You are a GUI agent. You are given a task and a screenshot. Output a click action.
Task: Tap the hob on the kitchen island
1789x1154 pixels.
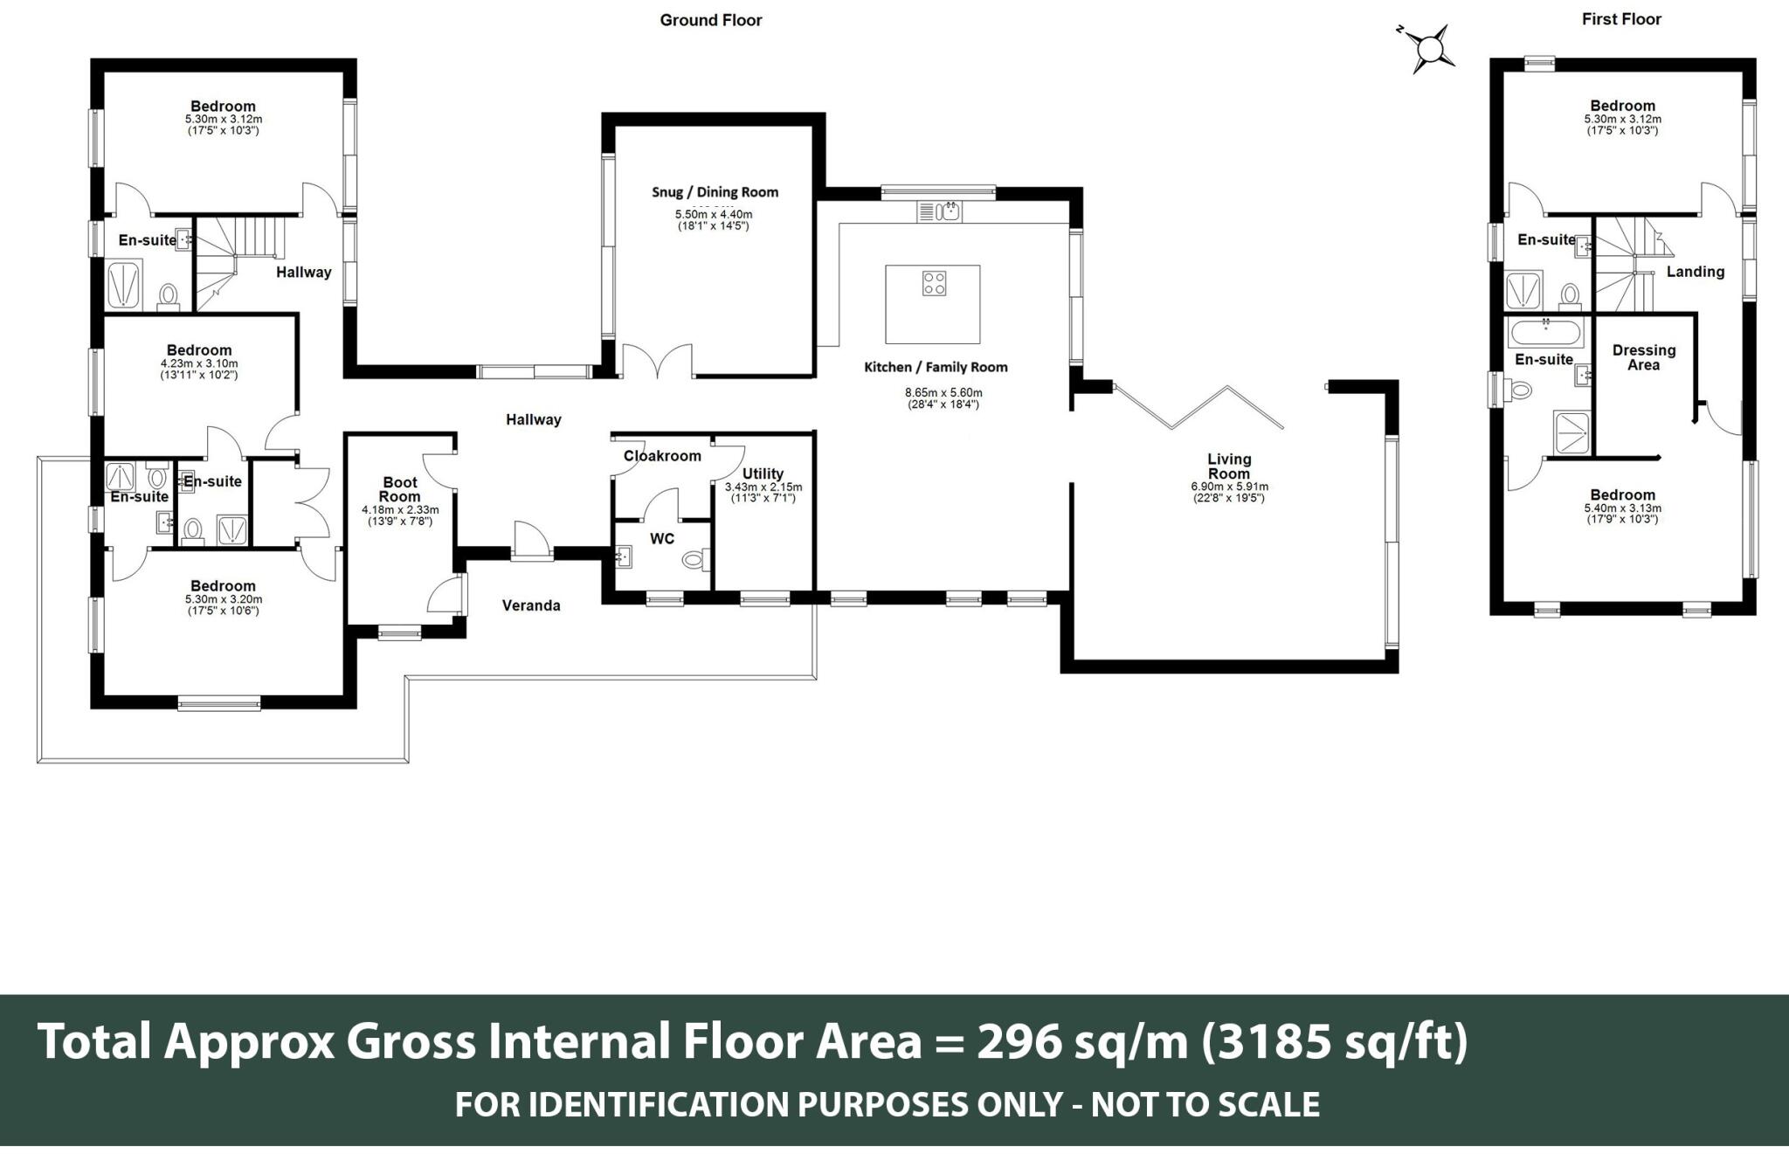coord(934,283)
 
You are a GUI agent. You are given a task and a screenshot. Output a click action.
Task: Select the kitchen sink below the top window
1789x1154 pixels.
coord(939,211)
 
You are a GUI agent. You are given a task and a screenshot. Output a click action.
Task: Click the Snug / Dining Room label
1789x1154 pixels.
coord(715,192)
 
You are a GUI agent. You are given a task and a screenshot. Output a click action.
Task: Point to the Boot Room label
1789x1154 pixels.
coord(400,489)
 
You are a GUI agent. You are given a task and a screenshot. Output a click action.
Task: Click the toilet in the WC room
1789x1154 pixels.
coord(695,559)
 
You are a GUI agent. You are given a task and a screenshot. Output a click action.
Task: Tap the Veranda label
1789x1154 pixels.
coord(531,605)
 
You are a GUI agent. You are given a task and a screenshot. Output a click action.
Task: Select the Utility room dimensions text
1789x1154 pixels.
coord(763,493)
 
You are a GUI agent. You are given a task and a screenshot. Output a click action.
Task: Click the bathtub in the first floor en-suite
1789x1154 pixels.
coord(1545,333)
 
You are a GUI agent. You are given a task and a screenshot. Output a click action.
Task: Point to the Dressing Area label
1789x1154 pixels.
coord(1643,357)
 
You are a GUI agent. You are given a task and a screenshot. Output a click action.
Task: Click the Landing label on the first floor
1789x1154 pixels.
coord(1695,272)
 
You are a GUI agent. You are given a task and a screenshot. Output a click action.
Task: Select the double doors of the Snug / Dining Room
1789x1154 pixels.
coord(656,361)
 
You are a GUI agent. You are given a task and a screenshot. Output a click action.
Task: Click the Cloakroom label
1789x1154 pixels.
coord(662,456)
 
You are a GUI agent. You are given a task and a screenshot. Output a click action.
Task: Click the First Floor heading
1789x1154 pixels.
coord(1620,19)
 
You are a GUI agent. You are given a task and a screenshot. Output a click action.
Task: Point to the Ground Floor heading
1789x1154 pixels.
coord(710,20)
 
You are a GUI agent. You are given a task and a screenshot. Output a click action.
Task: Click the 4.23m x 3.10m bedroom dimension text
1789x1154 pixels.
coord(199,363)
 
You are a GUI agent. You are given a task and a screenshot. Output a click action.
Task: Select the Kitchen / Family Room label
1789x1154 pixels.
coord(936,368)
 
